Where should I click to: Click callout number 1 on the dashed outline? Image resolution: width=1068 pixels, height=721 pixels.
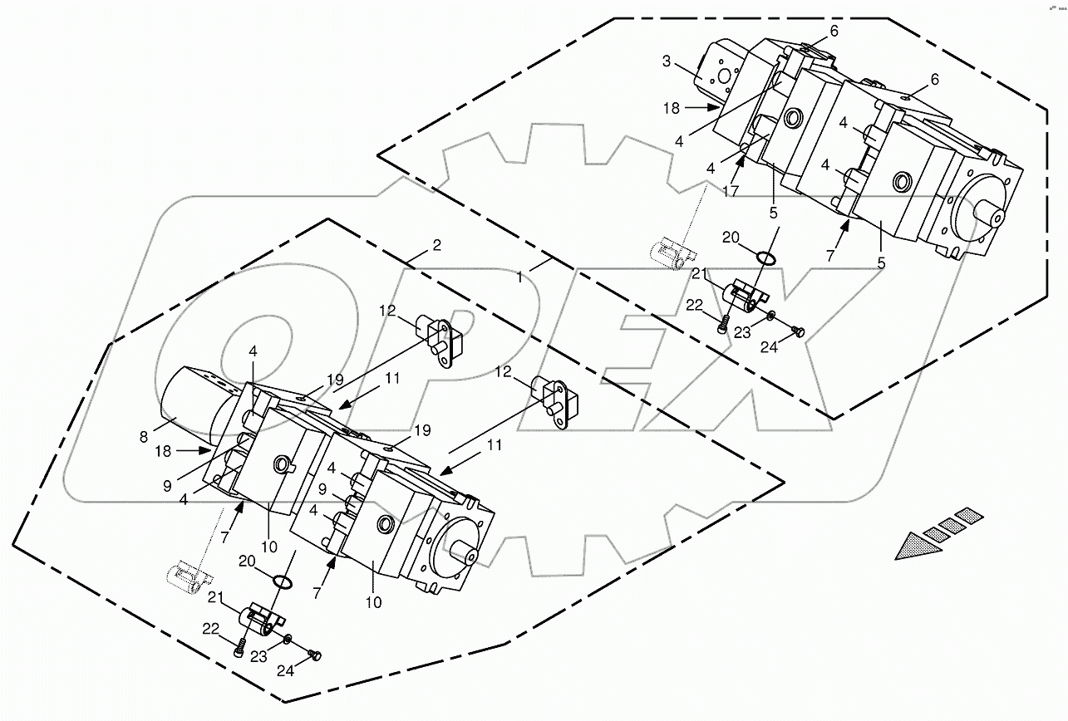519,277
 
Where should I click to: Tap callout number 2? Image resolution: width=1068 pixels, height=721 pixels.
436,245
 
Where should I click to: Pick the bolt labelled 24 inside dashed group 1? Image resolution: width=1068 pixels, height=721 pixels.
800,332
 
